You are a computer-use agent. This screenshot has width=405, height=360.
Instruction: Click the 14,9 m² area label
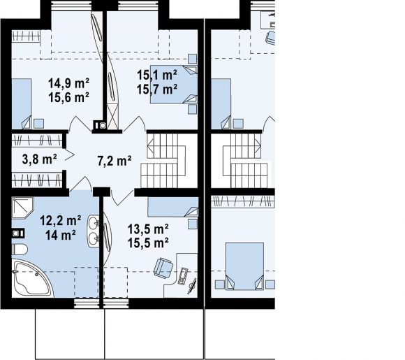point(68,83)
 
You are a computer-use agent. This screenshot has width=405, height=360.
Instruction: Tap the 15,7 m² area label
point(157,89)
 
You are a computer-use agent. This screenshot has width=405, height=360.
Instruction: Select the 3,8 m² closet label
point(40,159)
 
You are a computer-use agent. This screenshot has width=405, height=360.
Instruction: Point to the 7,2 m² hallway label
point(115,161)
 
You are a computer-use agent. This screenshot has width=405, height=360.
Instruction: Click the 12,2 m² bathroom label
point(61,221)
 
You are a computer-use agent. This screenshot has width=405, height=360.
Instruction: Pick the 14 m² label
point(61,235)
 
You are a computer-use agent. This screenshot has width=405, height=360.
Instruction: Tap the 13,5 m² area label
point(148,229)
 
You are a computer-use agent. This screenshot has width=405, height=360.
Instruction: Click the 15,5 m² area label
point(148,243)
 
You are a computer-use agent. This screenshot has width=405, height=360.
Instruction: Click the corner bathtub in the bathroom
point(31,280)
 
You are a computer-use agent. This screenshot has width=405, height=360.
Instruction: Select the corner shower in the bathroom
point(22,208)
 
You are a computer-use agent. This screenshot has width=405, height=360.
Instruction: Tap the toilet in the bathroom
point(20,250)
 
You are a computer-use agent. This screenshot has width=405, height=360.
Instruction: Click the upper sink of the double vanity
point(94,222)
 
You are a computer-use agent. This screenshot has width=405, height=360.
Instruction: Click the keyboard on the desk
point(183,275)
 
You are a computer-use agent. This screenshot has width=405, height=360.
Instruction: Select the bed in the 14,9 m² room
point(22,104)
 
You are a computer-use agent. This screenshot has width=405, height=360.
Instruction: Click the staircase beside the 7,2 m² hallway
point(163,161)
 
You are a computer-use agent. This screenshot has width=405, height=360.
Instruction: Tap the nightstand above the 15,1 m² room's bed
point(192,59)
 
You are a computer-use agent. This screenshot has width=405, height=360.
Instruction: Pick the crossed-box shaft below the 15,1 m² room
point(112,116)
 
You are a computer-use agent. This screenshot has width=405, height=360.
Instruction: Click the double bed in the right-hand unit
point(244,266)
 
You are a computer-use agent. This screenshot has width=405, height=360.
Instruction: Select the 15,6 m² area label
point(68,97)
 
